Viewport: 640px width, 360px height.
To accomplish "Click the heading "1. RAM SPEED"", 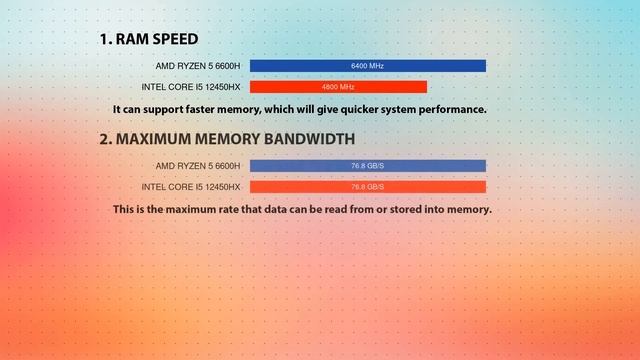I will [x=148, y=39].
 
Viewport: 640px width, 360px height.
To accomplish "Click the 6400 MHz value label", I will [x=367, y=66].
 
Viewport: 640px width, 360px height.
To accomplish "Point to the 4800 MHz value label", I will [x=338, y=87].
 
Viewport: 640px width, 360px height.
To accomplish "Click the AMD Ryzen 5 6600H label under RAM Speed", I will [x=198, y=66].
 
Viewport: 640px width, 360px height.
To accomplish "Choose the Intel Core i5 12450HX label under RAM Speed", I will [x=191, y=87].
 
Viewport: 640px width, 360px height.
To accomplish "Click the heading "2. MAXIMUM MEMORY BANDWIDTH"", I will [x=226, y=139].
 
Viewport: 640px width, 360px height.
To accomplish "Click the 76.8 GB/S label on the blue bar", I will [x=367, y=166].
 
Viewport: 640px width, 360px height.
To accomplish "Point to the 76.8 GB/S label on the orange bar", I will [x=367, y=187].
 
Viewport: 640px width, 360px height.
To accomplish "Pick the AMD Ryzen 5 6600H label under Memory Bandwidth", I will [x=198, y=166].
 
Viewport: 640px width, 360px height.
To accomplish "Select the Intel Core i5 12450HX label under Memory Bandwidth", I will [x=191, y=187].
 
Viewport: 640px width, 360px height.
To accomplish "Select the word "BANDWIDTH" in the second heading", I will [x=304, y=139].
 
